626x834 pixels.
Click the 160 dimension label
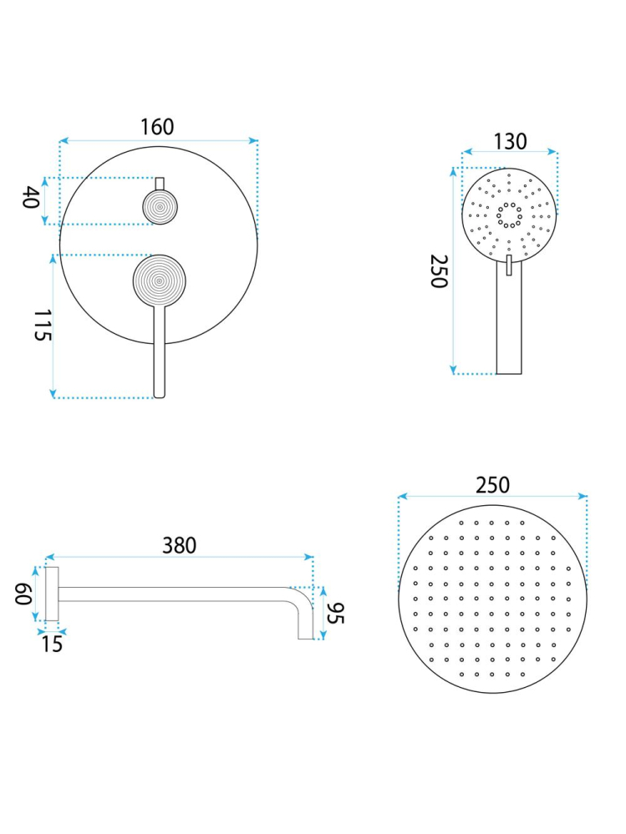pyautogui.click(x=157, y=127)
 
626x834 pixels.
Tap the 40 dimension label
pyautogui.click(x=31, y=199)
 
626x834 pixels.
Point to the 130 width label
pyautogui.click(x=510, y=141)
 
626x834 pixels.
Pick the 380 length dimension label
pyautogui.click(x=179, y=545)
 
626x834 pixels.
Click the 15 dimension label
pyautogui.click(x=52, y=644)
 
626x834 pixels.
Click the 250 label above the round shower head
pyautogui.click(x=492, y=485)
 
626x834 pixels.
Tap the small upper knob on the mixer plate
pyautogui.click(x=160, y=206)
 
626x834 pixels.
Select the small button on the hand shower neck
pyautogui.click(x=508, y=265)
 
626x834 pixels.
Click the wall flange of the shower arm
pyautogui.click(x=52, y=594)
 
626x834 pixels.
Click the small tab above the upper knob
pyautogui.click(x=160, y=184)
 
